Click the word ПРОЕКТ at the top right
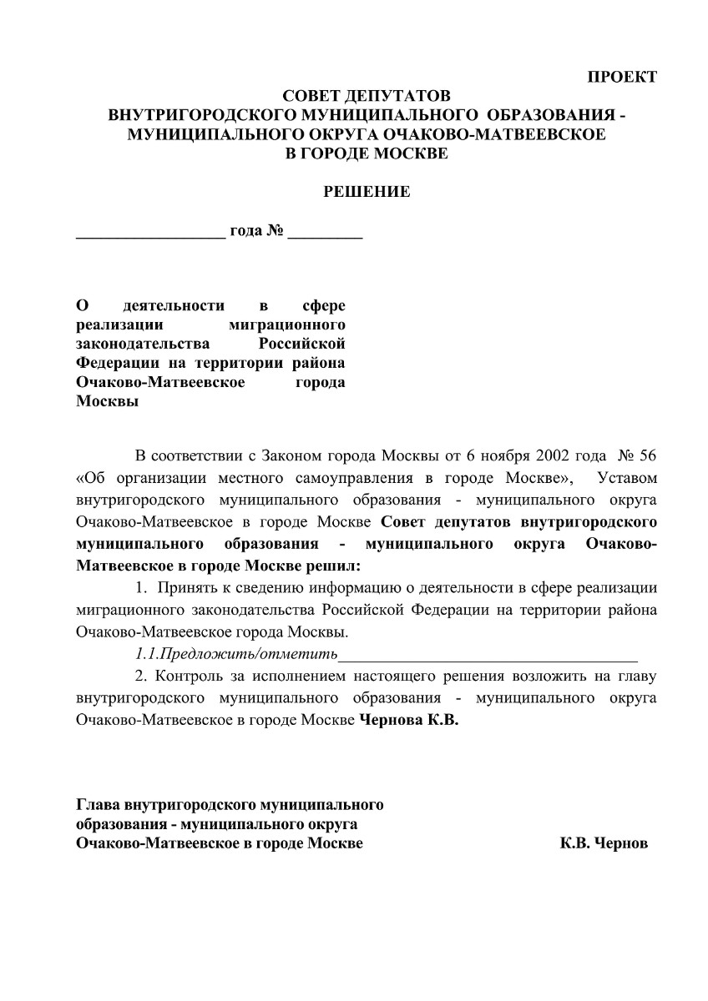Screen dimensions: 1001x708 (x=622, y=77)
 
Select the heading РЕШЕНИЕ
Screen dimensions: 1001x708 (x=367, y=192)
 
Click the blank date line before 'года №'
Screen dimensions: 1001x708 (x=150, y=235)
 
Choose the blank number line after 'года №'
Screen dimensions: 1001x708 (x=325, y=235)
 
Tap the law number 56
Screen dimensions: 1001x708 (x=648, y=458)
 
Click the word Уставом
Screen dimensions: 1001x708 (x=622, y=479)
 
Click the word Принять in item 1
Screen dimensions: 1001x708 (x=189, y=587)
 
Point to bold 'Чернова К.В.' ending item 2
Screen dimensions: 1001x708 (x=408, y=718)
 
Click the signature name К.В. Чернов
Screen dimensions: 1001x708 (x=604, y=843)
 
